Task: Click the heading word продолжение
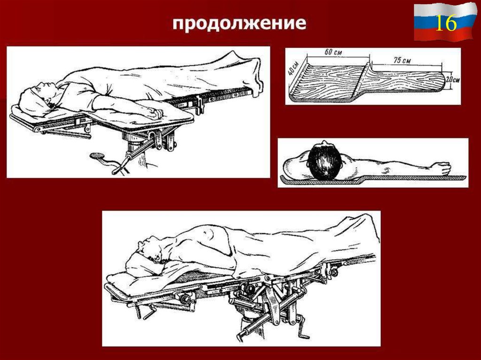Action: [x=239, y=24]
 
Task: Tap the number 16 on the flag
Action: [x=445, y=23]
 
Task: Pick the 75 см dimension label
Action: [x=403, y=60]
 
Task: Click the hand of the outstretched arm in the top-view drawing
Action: [x=441, y=168]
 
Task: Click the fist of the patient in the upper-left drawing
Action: [x=154, y=113]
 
